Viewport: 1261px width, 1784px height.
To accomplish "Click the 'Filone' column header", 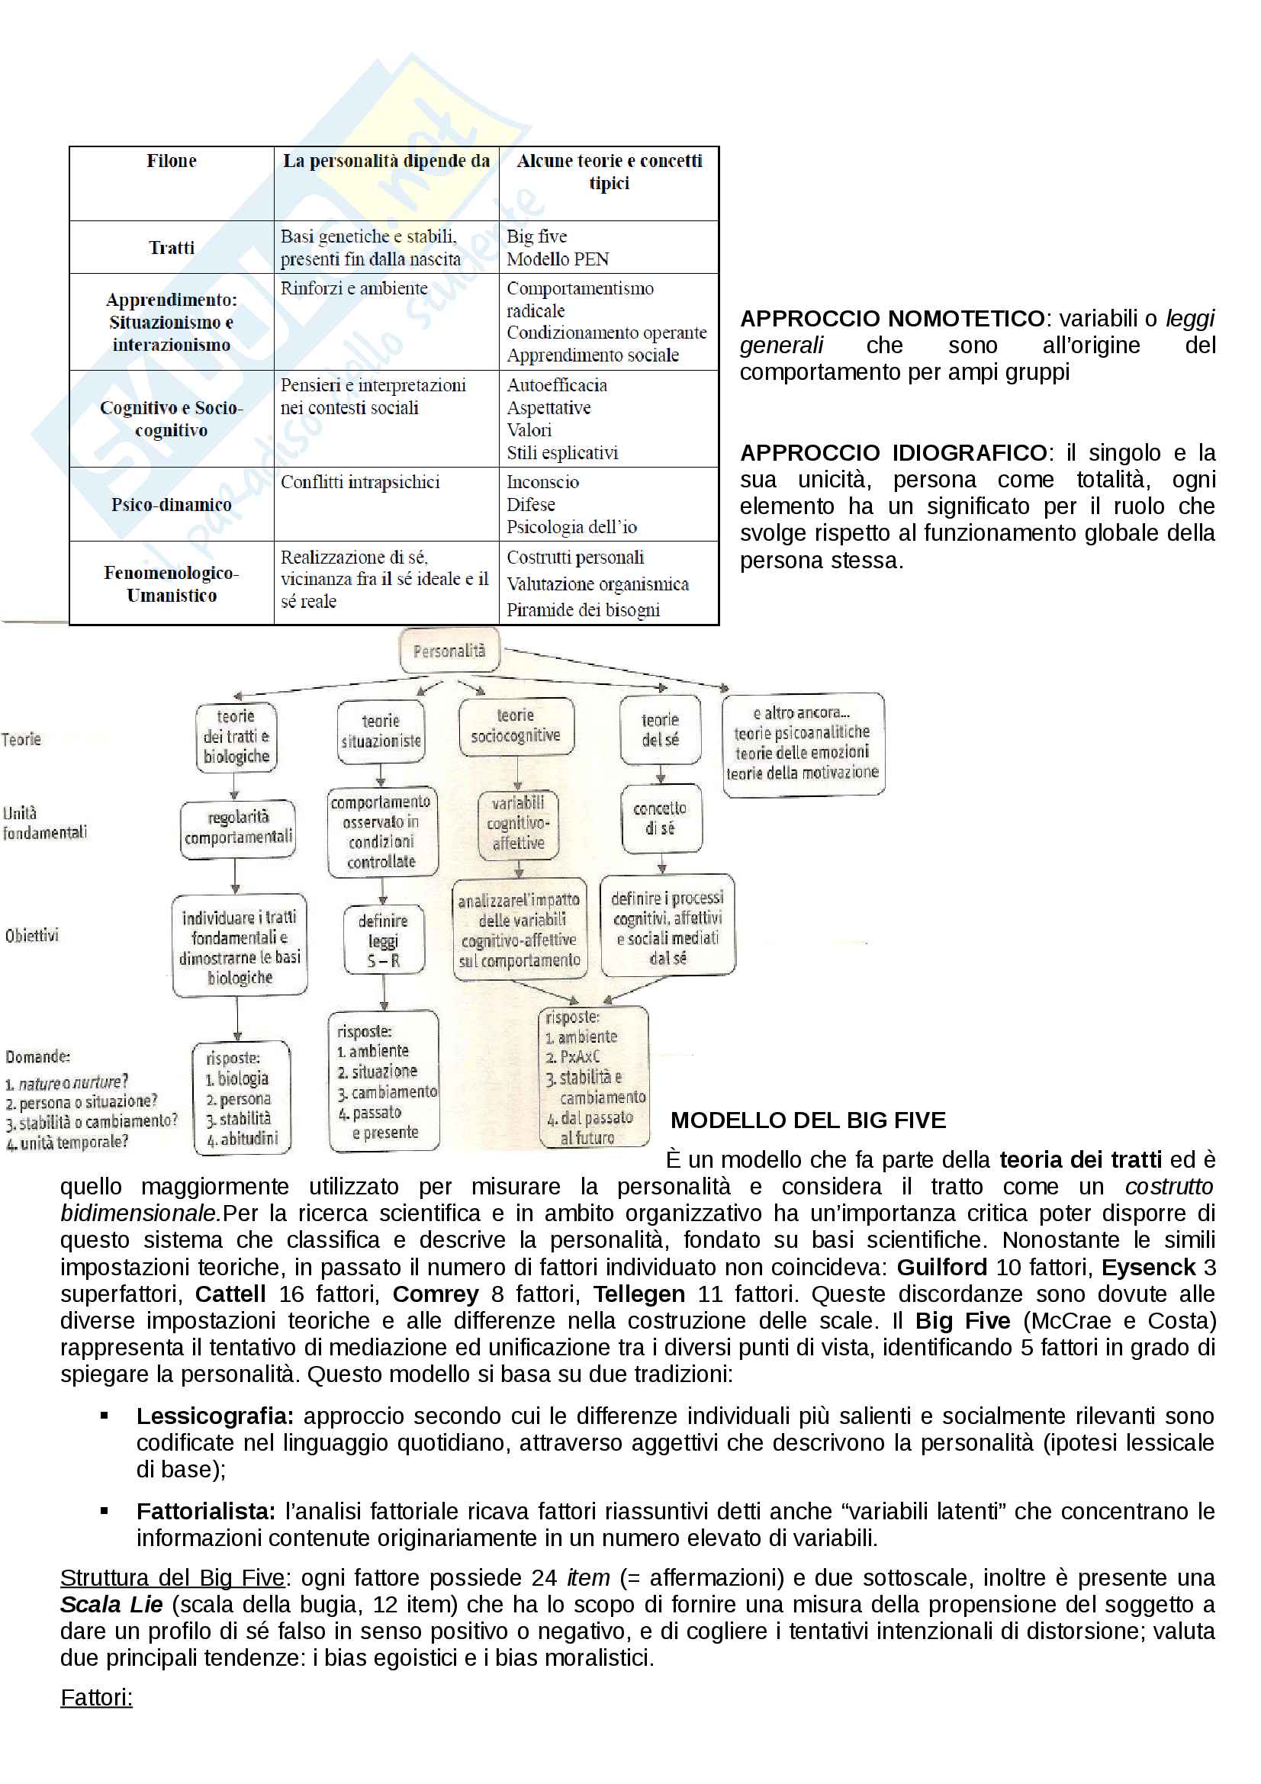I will (x=171, y=161).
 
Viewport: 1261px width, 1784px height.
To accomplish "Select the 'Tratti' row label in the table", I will (x=171, y=248).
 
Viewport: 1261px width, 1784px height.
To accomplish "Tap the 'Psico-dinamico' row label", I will (x=171, y=505).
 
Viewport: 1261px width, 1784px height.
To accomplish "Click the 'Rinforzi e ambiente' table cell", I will (x=353, y=288).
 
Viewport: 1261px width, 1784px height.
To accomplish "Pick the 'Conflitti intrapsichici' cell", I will (x=360, y=483).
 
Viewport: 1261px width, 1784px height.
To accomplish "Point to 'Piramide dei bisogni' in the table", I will (x=583, y=610).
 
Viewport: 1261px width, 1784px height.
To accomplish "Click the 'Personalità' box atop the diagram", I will (x=449, y=651).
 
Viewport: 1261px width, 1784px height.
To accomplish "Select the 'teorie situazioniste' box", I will (x=381, y=731).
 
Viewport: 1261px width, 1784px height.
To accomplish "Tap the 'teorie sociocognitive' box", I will (x=516, y=725).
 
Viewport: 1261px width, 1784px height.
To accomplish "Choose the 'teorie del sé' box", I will (x=661, y=731).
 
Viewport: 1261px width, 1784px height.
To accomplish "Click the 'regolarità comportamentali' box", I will (x=238, y=828).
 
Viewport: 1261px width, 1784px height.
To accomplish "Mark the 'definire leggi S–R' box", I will (x=384, y=940).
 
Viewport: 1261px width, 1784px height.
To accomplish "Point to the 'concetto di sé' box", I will (x=661, y=818).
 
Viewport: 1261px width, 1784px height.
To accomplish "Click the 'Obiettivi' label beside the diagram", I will (x=32, y=936).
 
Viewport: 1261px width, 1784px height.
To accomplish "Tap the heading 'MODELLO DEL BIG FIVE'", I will (x=808, y=1120).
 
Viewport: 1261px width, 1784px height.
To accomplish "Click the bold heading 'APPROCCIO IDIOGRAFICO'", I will (x=893, y=453).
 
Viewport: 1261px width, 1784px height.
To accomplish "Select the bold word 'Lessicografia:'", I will (x=214, y=1416).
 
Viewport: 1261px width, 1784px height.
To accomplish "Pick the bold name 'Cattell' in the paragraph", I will (x=230, y=1294).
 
